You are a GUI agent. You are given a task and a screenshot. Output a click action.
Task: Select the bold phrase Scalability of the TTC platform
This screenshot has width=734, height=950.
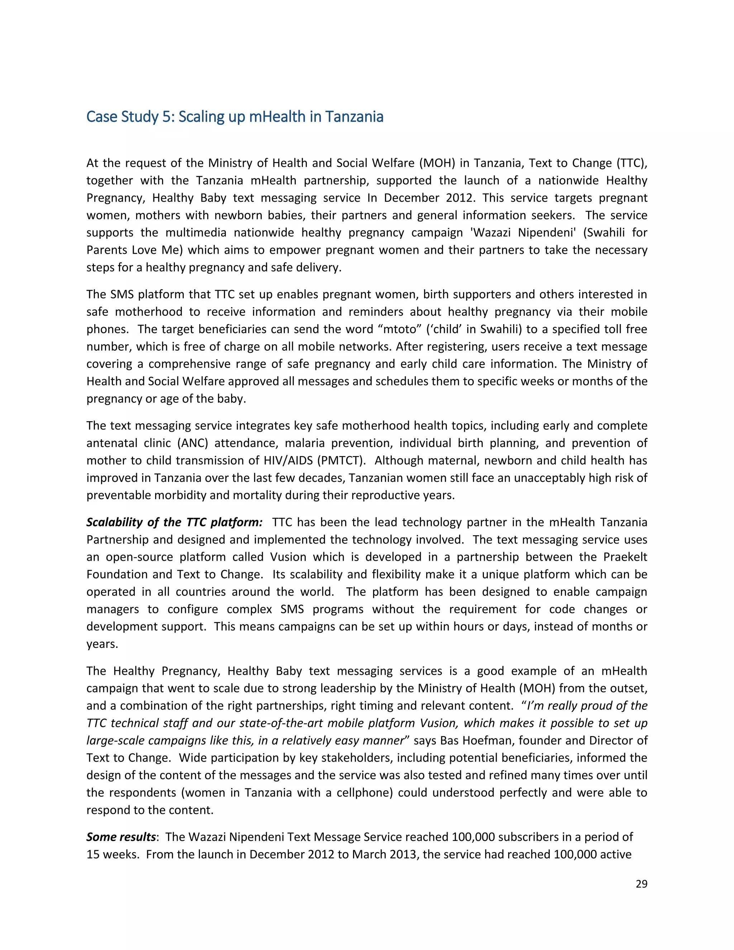174,522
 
